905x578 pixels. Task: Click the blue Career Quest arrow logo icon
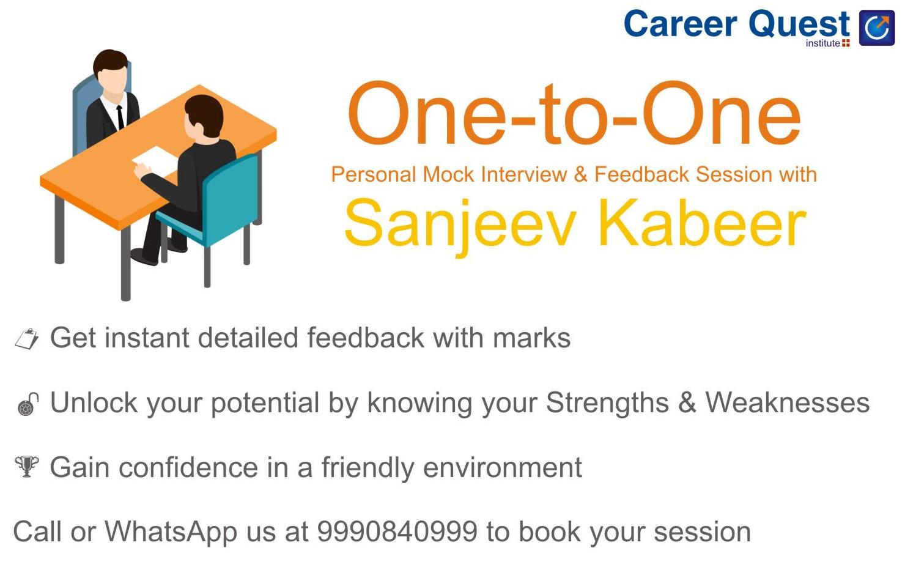click(x=876, y=28)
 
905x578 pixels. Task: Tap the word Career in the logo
click(x=680, y=24)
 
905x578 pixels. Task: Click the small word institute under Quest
click(x=822, y=43)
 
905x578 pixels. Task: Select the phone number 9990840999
click(x=397, y=532)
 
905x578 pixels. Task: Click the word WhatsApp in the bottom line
click(x=171, y=532)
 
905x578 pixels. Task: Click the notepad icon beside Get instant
click(x=26, y=338)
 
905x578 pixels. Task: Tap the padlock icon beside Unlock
click(x=28, y=404)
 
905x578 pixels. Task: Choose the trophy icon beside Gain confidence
click(x=26, y=467)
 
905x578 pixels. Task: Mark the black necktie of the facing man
click(x=120, y=116)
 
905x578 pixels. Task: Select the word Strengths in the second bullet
click(x=607, y=403)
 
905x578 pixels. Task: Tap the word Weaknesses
click(x=787, y=403)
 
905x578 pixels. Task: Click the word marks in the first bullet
click(x=531, y=338)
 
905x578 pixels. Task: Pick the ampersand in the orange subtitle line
click(x=580, y=175)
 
